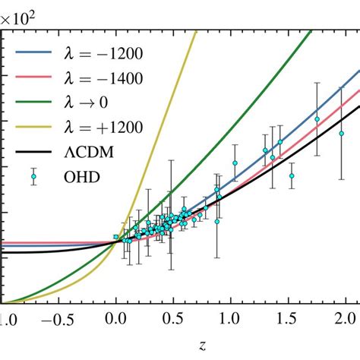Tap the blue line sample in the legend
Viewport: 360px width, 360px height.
[30, 54]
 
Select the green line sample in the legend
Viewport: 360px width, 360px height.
[30, 102]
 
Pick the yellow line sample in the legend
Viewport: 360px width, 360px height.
[30, 126]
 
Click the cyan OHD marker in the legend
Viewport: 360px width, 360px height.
[31, 175]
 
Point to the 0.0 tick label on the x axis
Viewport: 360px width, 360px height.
[115, 316]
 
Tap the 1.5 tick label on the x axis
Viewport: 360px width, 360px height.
[289, 316]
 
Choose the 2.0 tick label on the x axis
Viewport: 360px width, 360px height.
[346, 316]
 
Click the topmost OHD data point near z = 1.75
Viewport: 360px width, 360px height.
[317, 119]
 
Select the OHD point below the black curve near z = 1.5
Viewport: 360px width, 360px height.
[291, 175]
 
